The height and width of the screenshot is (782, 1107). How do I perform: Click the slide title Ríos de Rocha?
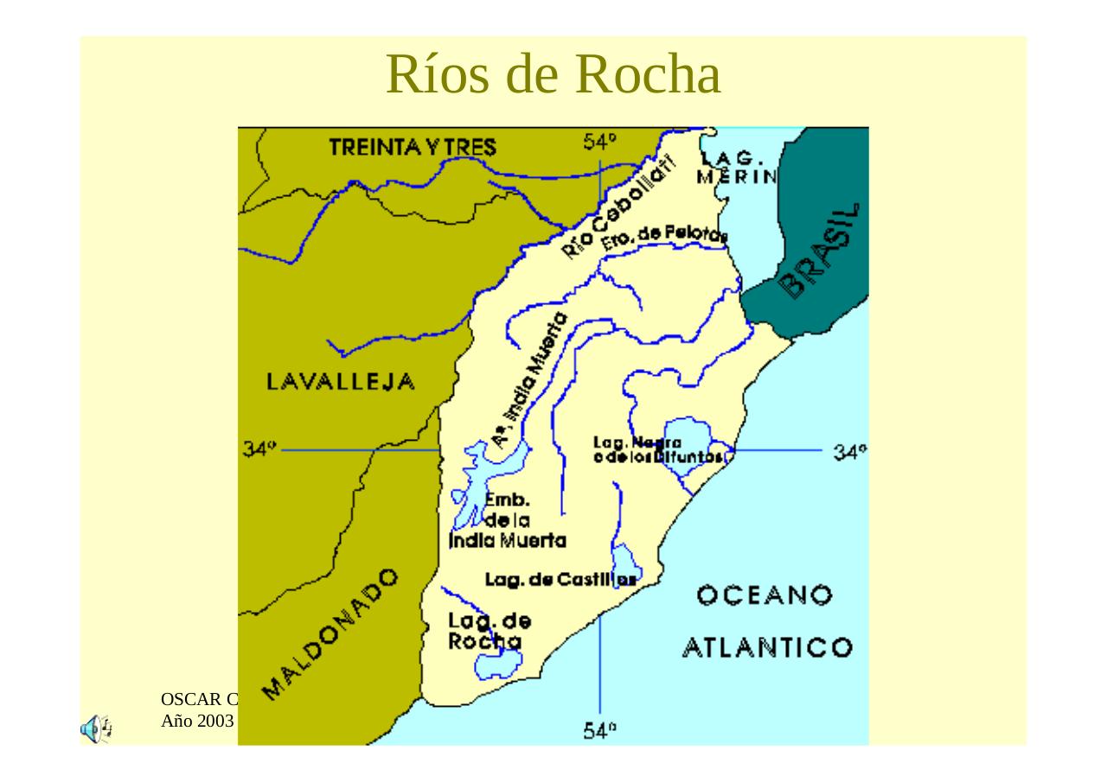(553, 74)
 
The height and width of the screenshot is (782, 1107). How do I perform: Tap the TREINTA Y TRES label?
(413, 148)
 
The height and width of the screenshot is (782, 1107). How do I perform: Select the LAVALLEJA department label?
(341, 382)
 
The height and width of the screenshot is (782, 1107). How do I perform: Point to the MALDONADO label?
(330, 633)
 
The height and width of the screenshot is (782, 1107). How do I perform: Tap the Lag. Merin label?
(737, 168)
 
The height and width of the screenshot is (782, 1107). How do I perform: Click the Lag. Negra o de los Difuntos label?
(657, 449)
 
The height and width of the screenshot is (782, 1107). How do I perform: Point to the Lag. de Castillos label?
(560, 580)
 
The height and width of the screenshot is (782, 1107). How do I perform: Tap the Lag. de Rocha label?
(489, 631)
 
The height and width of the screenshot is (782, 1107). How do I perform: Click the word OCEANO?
(765, 595)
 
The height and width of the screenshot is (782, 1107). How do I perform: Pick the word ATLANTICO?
(767, 648)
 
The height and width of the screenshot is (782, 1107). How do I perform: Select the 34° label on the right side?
(850, 451)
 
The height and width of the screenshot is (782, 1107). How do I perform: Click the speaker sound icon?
(95, 729)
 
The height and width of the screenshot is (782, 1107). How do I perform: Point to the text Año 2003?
(198, 719)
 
